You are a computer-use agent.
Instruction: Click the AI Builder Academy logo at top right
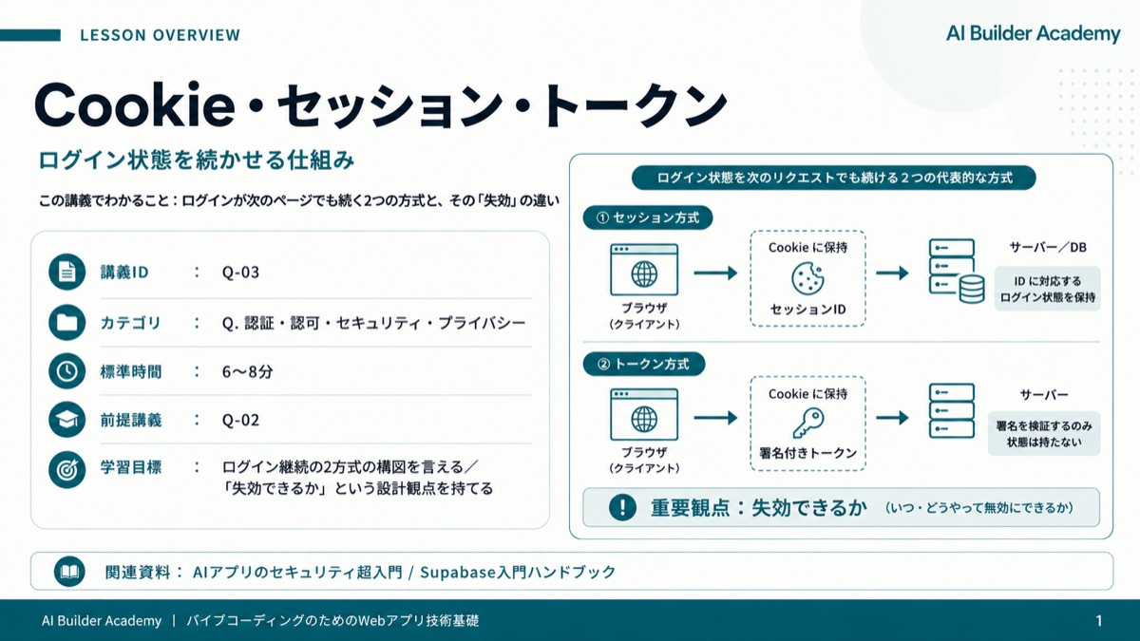pos(1034,33)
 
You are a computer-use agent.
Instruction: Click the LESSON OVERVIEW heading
pos(160,35)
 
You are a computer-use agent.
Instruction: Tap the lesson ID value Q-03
pos(240,273)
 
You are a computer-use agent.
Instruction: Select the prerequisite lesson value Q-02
pos(240,420)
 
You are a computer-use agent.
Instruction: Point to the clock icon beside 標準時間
pos(66,371)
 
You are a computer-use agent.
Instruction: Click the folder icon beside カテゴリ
pos(66,323)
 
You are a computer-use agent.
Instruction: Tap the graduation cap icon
pos(66,420)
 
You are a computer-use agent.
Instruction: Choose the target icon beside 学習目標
pos(66,469)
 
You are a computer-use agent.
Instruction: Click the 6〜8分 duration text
pos(247,372)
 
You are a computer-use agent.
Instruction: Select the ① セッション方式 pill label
pos(648,217)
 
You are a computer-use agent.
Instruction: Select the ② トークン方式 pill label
pos(644,365)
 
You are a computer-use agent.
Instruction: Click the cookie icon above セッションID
pos(807,278)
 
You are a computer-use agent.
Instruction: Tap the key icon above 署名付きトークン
pos(808,424)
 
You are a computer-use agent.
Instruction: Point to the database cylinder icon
pos(972,289)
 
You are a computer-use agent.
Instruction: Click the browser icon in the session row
pos(644,270)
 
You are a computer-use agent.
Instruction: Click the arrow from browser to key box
pos(715,418)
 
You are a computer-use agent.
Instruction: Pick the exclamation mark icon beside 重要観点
pos(622,507)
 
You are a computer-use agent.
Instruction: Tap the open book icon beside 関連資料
pos(69,572)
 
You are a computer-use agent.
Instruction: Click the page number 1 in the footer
pos(1099,621)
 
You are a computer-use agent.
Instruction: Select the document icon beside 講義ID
pos(66,273)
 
